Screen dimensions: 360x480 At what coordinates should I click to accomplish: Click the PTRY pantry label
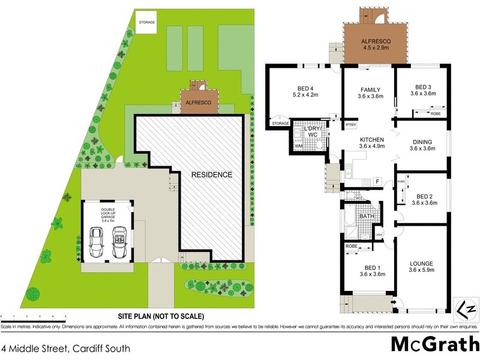(x=352, y=125)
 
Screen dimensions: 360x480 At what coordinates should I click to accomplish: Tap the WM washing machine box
(x=298, y=146)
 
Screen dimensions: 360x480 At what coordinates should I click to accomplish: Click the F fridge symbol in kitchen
(x=377, y=181)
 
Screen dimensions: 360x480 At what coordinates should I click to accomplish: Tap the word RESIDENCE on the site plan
(x=211, y=175)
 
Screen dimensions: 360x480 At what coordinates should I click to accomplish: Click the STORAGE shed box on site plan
(x=147, y=23)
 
